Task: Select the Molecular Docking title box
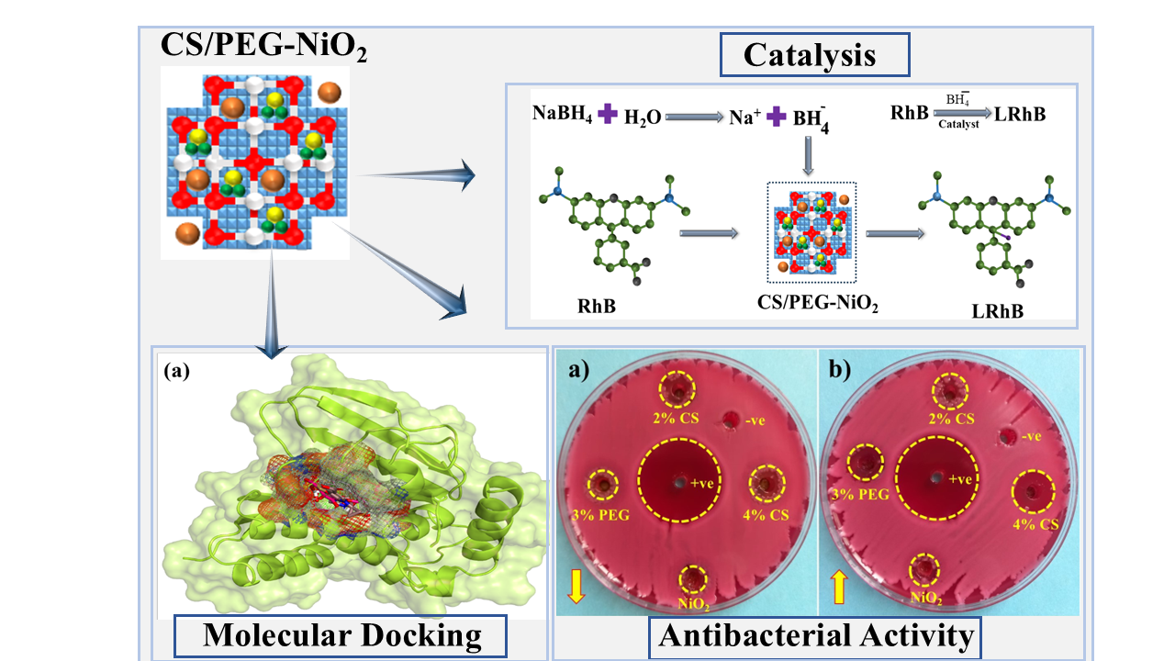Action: click(x=341, y=635)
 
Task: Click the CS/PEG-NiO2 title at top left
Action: click(x=264, y=46)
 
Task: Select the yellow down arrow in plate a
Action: click(x=576, y=585)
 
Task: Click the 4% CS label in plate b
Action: click(x=1035, y=524)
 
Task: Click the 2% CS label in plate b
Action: click(x=952, y=419)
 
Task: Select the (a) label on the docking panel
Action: click(x=176, y=372)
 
